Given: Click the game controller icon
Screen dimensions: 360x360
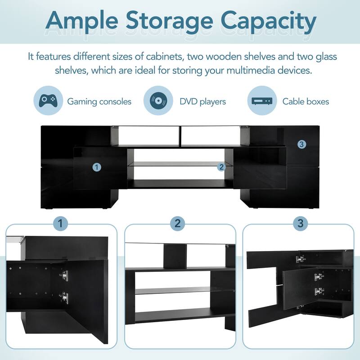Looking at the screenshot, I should tap(48, 100).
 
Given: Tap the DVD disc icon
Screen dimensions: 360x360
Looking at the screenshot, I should tap(157, 100).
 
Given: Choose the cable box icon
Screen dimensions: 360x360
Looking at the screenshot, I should tap(262, 101).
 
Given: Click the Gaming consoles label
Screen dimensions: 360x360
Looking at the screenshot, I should tap(99, 101).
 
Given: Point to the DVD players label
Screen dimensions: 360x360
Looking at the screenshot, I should tap(202, 101).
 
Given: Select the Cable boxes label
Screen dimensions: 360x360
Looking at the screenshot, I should tap(306, 101).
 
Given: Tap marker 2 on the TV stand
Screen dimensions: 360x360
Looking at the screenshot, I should tap(221, 167).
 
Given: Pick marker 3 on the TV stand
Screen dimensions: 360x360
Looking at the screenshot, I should tap(301, 144).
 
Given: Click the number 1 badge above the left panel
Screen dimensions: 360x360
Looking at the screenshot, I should tap(61, 223).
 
